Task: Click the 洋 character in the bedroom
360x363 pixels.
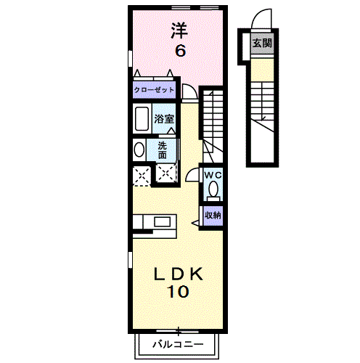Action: click(x=179, y=30)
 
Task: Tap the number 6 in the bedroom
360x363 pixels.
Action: click(x=179, y=51)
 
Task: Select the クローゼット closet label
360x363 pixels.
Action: click(x=153, y=90)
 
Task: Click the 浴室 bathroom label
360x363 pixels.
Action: click(x=164, y=118)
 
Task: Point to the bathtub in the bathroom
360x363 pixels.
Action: click(x=142, y=118)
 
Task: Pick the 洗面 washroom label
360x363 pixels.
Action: click(x=163, y=150)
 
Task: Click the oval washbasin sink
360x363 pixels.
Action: click(x=139, y=150)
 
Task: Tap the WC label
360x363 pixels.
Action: click(x=212, y=175)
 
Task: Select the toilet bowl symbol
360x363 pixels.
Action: click(x=213, y=190)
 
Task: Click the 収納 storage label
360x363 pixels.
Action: click(x=212, y=215)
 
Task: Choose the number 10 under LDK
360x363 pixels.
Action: click(x=179, y=293)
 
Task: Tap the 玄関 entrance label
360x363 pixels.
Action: click(x=262, y=43)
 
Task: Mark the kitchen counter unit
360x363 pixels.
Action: click(x=153, y=222)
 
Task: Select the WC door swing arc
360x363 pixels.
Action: click(x=193, y=175)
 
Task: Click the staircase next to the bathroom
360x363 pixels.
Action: click(x=212, y=120)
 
